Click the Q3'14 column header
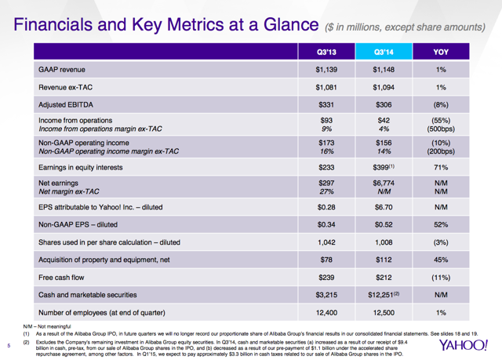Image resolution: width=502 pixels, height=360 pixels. [384, 52]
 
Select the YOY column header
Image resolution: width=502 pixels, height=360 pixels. [441, 52]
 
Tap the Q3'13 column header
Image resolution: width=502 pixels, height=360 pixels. [326, 52]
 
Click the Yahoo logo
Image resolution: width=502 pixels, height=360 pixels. [464, 345]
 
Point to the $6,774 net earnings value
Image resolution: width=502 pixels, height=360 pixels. [384, 183]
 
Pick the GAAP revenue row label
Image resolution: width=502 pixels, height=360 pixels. [62, 70]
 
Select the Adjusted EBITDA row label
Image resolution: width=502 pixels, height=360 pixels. [66, 104]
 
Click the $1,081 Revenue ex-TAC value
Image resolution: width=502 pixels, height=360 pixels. [326, 87]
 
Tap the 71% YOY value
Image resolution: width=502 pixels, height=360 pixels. [441, 167]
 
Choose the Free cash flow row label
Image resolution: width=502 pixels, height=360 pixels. [61, 278]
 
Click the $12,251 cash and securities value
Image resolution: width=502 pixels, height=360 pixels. [384, 295]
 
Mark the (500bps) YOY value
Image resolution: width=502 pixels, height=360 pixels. [441, 129]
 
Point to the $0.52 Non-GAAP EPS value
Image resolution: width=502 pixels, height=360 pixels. [384, 224]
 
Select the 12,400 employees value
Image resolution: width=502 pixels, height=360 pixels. [326, 313]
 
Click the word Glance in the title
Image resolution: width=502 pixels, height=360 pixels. [291, 24]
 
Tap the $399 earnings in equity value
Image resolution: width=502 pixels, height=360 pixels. [384, 167]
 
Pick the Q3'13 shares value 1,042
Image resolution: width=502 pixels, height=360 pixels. [326, 242]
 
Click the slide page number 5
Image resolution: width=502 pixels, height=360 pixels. [9, 346]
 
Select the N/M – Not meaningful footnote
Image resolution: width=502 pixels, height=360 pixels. [47, 327]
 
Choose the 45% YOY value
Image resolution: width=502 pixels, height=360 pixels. [441, 260]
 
